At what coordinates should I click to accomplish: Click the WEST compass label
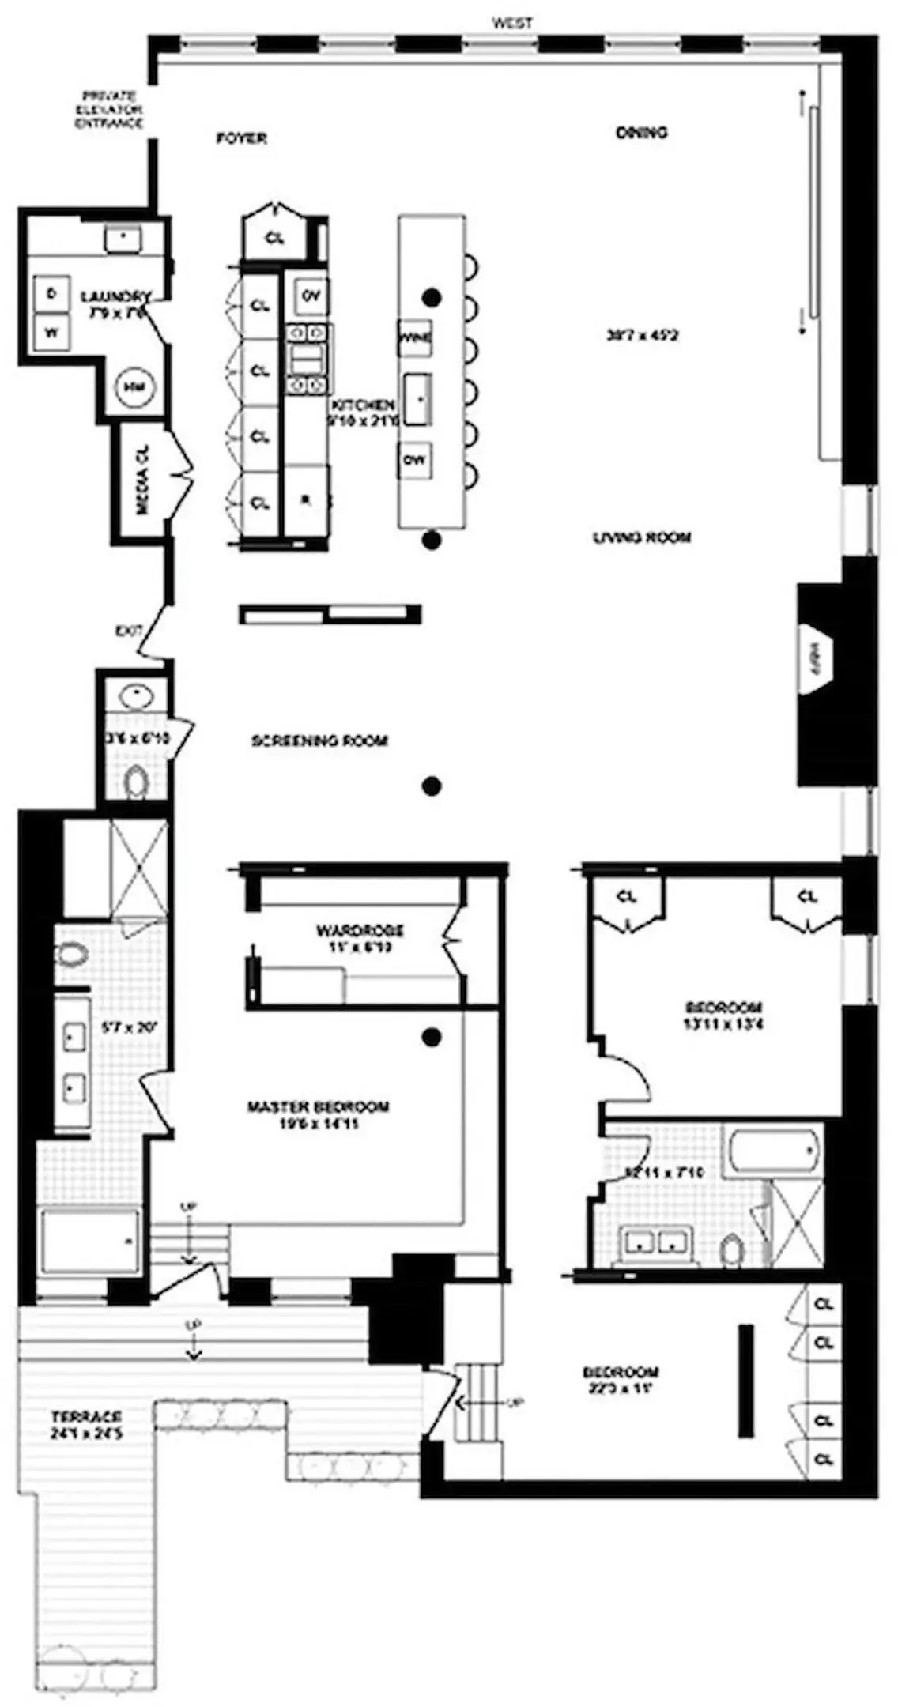(x=512, y=24)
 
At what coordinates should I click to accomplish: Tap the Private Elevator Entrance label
(x=109, y=110)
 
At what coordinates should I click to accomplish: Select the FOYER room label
(x=242, y=138)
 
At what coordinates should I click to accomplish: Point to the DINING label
(x=641, y=133)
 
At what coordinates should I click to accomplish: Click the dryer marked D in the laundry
(x=51, y=294)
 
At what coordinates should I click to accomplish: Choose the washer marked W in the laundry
(x=51, y=333)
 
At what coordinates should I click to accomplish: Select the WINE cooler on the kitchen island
(x=415, y=338)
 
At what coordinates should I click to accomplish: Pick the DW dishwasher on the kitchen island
(x=415, y=459)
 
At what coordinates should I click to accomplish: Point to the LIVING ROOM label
(x=642, y=538)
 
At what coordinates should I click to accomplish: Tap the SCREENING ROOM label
(x=319, y=741)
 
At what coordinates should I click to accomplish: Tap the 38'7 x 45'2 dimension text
(x=642, y=335)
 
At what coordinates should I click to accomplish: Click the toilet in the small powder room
(x=138, y=782)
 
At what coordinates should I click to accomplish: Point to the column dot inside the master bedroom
(x=431, y=1038)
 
